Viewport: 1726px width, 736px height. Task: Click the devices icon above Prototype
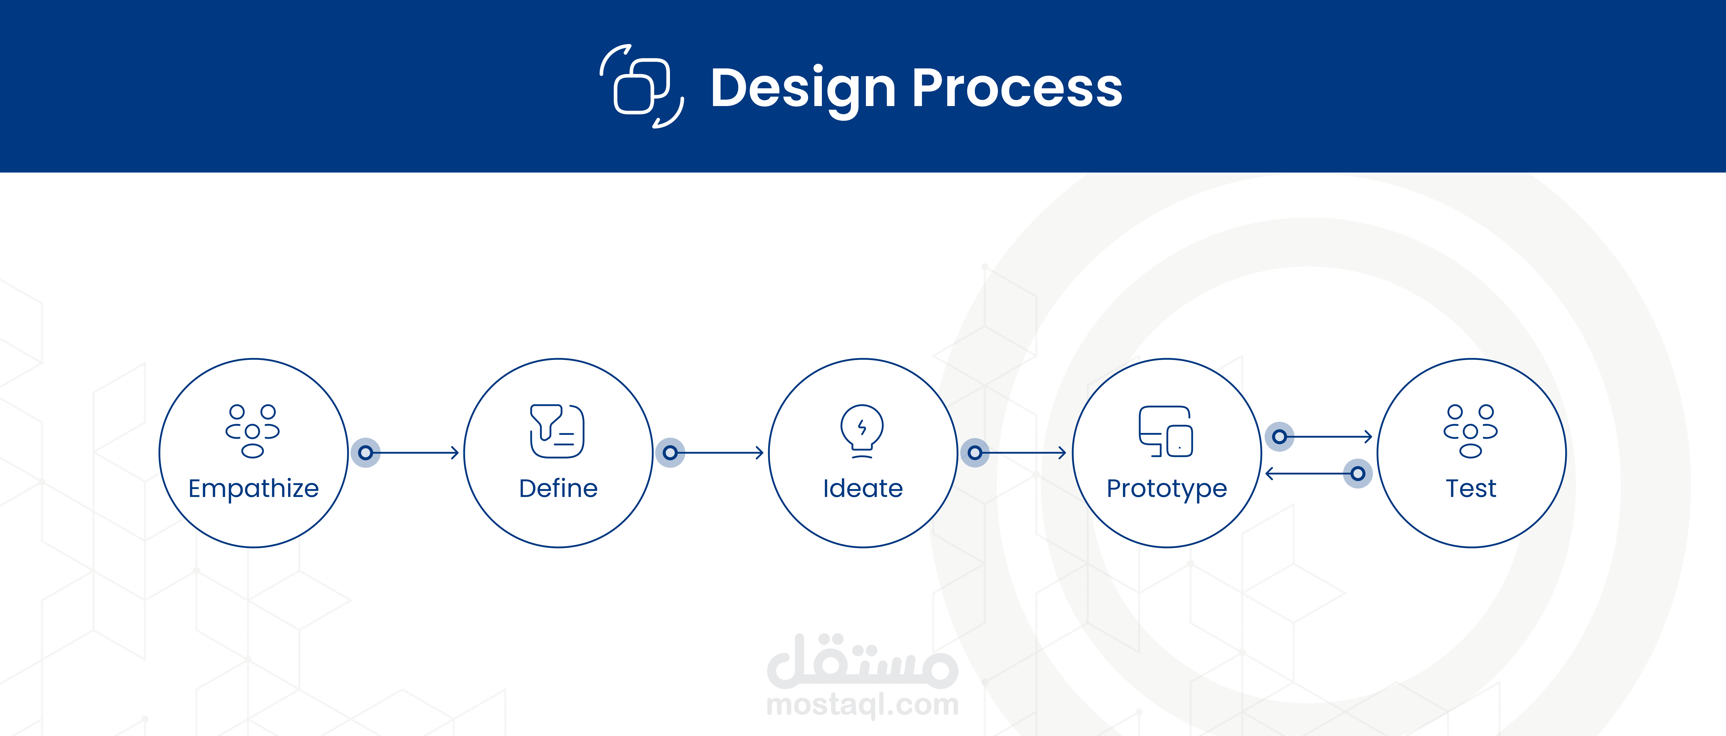click(1166, 431)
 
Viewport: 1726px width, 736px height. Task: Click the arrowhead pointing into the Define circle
click(455, 453)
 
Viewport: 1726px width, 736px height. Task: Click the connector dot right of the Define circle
click(670, 453)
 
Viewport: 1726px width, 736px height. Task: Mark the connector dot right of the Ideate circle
click(975, 453)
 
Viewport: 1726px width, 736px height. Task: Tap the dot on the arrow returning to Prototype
click(1358, 473)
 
